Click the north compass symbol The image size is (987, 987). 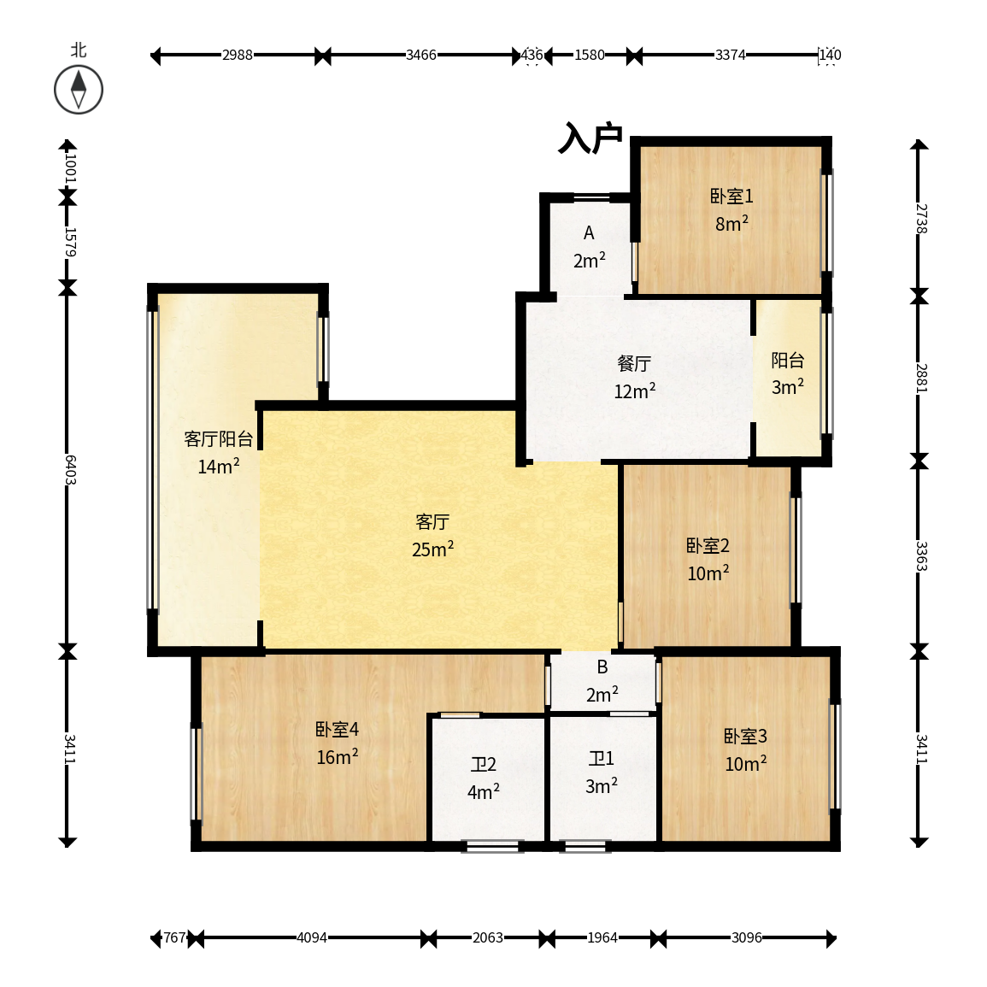tap(78, 90)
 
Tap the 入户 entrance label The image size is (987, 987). tap(590, 138)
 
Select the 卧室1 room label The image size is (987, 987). tap(731, 197)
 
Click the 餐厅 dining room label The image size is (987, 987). tap(634, 363)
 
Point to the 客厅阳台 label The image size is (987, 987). tap(219, 438)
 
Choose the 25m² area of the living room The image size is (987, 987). tap(432, 549)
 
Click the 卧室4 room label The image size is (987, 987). tap(337, 730)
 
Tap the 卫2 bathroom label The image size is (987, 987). tap(484, 764)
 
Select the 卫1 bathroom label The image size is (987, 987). tap(601, 759)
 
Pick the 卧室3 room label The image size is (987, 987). tap(745, 736)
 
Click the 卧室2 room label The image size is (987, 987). tap(708, 546)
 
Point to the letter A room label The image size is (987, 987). tap(589, 233)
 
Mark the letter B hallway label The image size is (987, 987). tap(602, 667)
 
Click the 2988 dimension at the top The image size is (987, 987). tap(238, 56)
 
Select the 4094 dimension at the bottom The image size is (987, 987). tap(312, 938)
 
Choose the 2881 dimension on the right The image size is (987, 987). tap(921, 378)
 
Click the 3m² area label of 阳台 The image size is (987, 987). tap(787, 386)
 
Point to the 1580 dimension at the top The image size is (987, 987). tap(589, 56)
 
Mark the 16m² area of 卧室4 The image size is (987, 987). tap(337, 756)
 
